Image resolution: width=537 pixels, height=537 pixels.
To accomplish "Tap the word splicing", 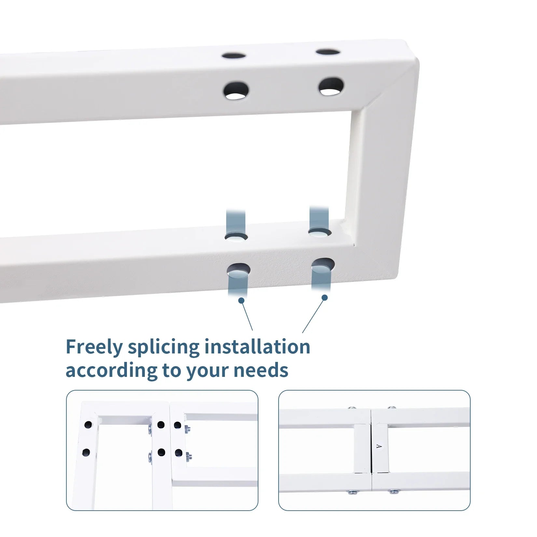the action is pyautogui.click(x=164, y=348).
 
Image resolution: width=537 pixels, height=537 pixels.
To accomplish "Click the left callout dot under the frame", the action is pyautogui.click(x=241, y=300).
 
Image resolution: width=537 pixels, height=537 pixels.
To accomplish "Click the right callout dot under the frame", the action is pyautogui.click(x=324, y=297).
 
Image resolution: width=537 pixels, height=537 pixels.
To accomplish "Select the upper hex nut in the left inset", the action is pyautogui.click(x=187, y=429).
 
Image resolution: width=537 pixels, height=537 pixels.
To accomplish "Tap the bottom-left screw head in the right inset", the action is pyautogui.click(x=352, y=492).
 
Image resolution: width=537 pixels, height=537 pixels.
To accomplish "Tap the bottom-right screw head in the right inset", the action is pyautogui.click(x=393, y=492).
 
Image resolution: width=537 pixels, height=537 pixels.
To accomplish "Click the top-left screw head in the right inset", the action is pyautogui.click(x=351, y=408).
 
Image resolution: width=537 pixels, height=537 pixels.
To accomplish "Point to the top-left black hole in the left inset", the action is pyautogui.click(x=88, y=424).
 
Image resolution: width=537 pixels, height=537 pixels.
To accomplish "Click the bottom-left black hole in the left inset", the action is pyautogui.click(x=86, y=452).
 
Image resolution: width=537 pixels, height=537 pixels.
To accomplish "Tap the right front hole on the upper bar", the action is pyautogui.click(x=331, y=86).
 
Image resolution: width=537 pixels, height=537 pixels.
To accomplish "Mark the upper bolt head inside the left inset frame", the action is pyautogui.click(x=150, y=430).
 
